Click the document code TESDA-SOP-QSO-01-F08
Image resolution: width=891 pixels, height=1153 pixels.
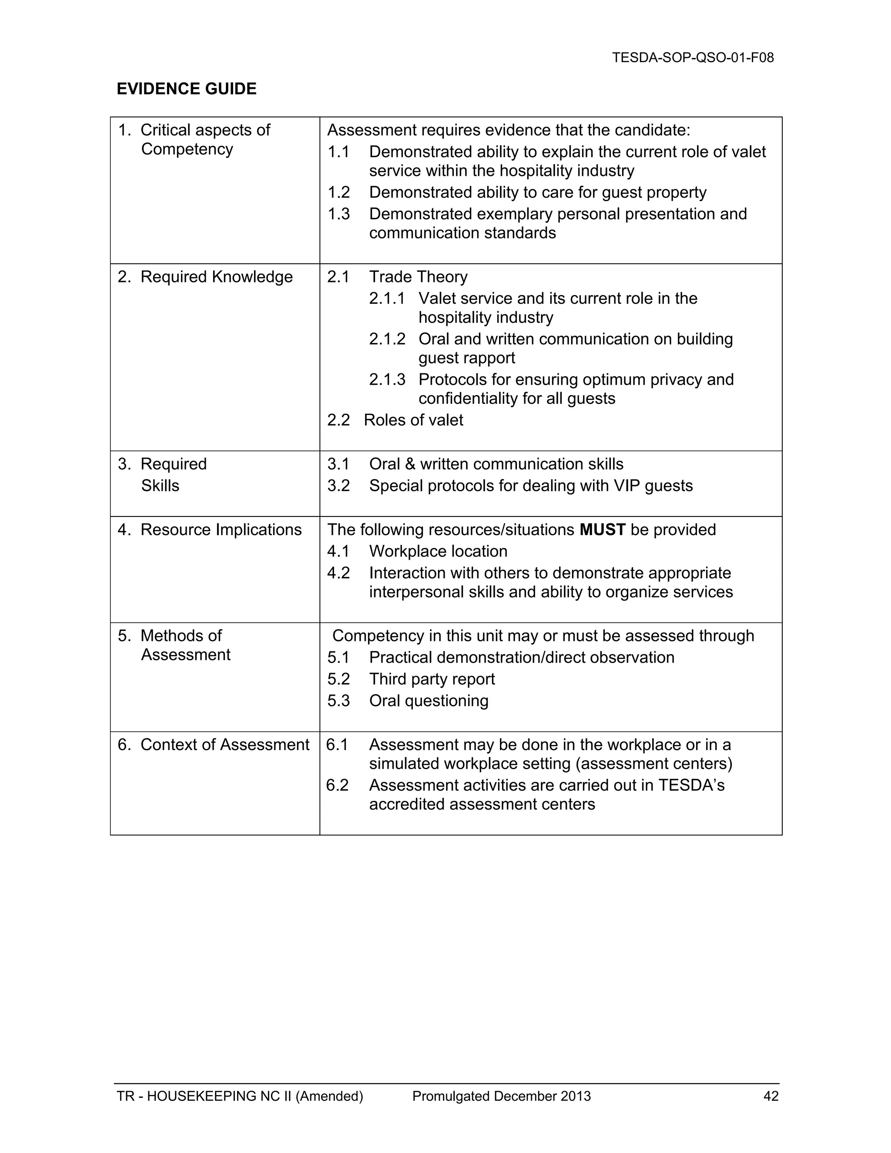click(693, 57)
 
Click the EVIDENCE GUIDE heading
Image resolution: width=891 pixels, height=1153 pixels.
click(186, 89)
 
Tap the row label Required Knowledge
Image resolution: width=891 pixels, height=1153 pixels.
click(216, 277)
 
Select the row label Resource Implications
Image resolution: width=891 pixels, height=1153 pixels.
click(221, 530)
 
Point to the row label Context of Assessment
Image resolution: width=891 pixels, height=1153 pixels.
click(224, 744)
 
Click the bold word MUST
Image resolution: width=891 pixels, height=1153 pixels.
click(602, 530)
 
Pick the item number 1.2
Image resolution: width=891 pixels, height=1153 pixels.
click(338, 192)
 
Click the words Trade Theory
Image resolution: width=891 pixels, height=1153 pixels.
click(418, 277)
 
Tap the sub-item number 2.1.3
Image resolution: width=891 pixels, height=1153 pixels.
click(387, 379)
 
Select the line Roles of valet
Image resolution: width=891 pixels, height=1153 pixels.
click(413, 420)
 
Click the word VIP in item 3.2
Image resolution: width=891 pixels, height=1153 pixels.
click(626, 485)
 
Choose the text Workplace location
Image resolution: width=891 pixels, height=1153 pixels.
click(438, 551)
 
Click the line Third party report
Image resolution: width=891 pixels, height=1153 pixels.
click(432, 679)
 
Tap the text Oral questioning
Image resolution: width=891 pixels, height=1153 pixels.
click(429, 701)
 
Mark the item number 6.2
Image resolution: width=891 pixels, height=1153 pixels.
click(337, 785)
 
